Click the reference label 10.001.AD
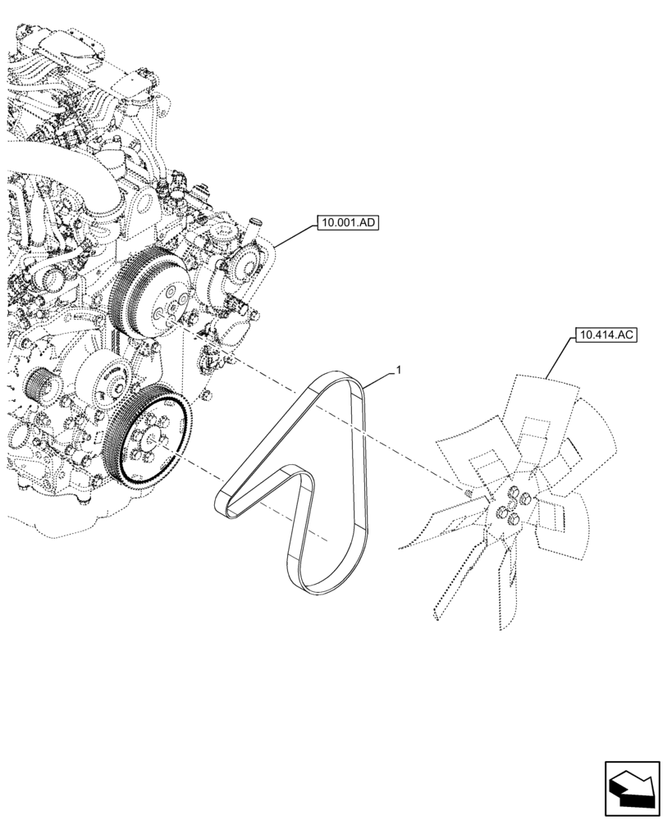point(345,222)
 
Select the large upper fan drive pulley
point(152,291)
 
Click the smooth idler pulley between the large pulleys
point(107,376)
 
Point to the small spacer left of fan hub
point(467,494)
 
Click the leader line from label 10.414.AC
point(561,361)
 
